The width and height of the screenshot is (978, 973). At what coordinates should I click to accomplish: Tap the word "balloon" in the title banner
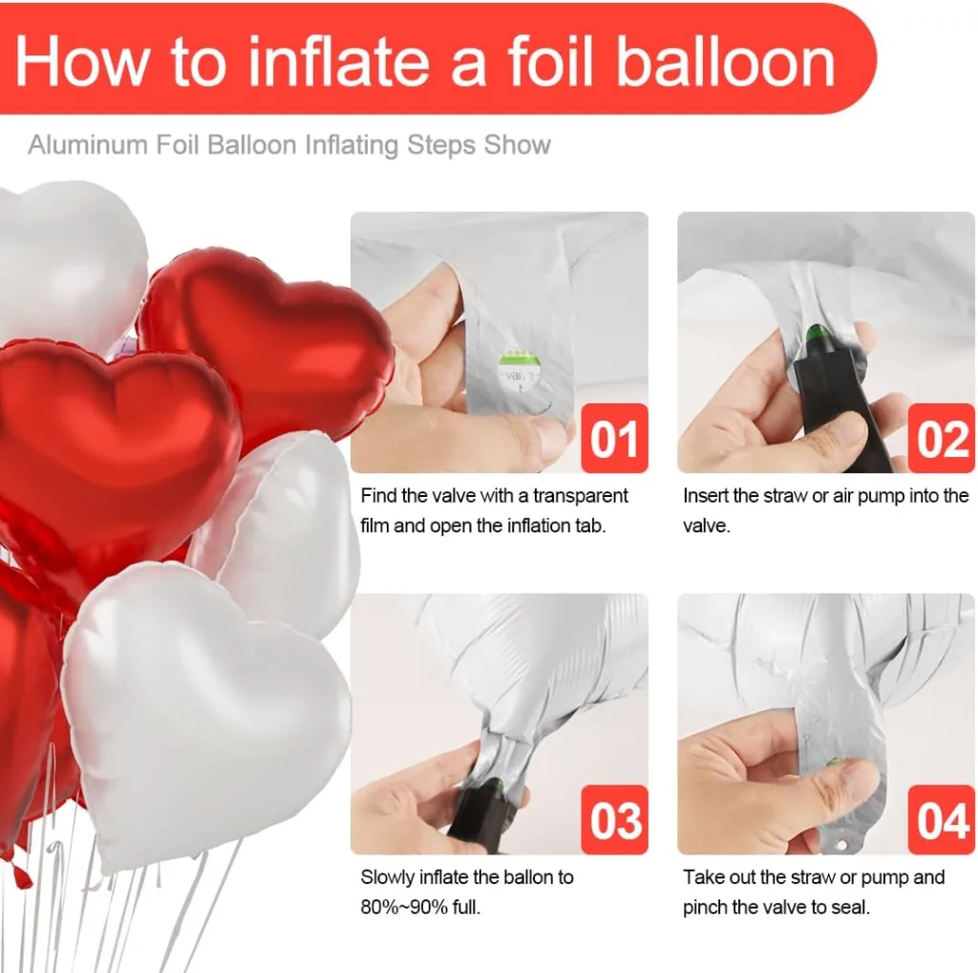(726, 62)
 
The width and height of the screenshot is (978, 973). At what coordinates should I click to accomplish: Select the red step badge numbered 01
(614, 438)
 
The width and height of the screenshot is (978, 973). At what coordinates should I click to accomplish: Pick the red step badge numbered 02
(941, 438)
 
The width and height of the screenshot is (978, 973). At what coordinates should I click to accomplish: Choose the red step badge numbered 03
(614, 819)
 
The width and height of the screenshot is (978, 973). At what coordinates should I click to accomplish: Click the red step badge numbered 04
(941, 819)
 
